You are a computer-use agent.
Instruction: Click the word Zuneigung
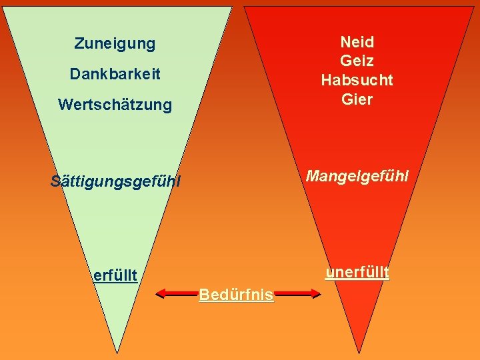pos(115,44)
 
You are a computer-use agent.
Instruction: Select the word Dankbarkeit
pos(115,74)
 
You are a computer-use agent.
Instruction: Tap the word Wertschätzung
pos(115,105)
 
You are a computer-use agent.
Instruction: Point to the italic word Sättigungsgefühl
pos(115,181)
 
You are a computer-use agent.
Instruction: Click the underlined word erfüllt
pos(115,275)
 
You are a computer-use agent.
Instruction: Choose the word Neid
pos(357,42)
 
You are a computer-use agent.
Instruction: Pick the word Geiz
pos(357,61)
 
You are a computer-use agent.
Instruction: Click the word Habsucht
pos(357,81)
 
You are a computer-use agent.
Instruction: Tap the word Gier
pos(357,100)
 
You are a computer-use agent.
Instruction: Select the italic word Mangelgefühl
pos(357,176)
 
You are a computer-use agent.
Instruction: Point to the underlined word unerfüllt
pos(357,273)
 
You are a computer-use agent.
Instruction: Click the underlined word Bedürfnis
pos(236,295)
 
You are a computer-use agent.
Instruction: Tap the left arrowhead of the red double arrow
pos(158,292)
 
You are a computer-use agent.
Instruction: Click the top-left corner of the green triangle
pos(4,7)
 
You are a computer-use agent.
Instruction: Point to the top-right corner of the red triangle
pos(475,7)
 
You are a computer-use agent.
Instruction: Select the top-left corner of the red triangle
pos(244,7)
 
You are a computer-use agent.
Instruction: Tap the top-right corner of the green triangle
pos(232,7)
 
